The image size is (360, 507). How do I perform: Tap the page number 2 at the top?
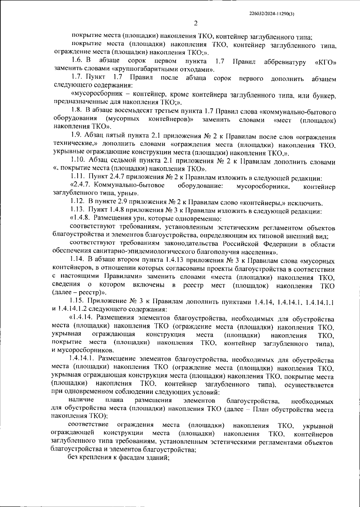[196, 23]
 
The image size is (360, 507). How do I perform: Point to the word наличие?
[81, 400]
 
